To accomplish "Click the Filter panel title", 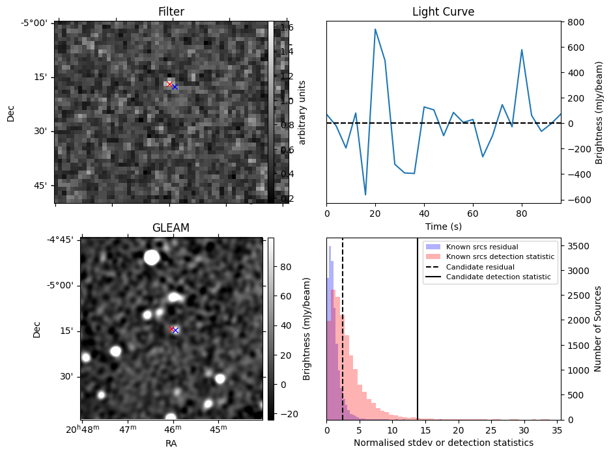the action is coord(171,12).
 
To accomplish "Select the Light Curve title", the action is coord(444,12).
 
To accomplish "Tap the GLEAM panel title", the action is coord(171,228).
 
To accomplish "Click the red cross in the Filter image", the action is coord(169,84).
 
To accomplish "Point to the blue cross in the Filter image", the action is coord(175,87).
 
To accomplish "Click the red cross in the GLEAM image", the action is coord(171,329).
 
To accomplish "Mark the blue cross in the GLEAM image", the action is coord(175,330).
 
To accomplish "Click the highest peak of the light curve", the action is coord(375,29).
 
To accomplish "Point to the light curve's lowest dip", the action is coord(365,195).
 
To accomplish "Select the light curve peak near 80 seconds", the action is coord(521,50).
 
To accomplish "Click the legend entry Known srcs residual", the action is coord(482,247).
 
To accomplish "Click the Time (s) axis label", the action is coord(444,227).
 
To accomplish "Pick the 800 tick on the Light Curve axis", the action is coord(576,22).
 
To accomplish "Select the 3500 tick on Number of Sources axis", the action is coord(578,246).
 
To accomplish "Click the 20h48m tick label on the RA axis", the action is coord(83,429).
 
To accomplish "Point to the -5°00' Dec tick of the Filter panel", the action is coord(35,23).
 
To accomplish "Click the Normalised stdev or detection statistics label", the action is coord(444,443).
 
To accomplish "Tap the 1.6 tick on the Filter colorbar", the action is coord(287,27).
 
